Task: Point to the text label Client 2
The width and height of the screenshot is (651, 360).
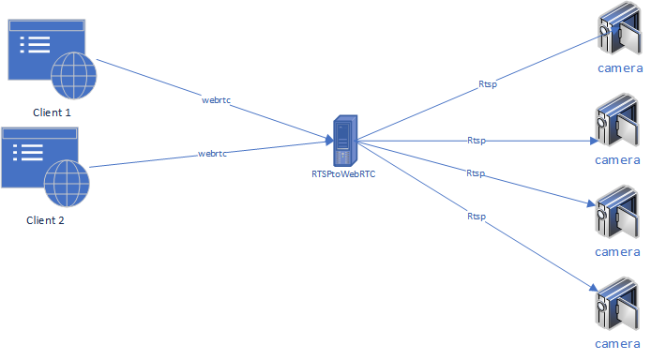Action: (45, 221)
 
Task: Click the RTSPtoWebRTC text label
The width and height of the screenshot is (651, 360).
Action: (342, 173)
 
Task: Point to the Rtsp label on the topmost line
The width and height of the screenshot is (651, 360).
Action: (488, 84)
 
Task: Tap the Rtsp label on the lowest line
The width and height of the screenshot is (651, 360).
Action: (477, 217)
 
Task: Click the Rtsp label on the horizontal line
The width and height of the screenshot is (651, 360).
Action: (477, 140)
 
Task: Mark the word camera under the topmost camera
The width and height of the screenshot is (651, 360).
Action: (618, 68)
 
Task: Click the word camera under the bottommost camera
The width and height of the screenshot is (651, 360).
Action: (618, 346)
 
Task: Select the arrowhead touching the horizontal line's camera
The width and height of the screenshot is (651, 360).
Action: (594, 142)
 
